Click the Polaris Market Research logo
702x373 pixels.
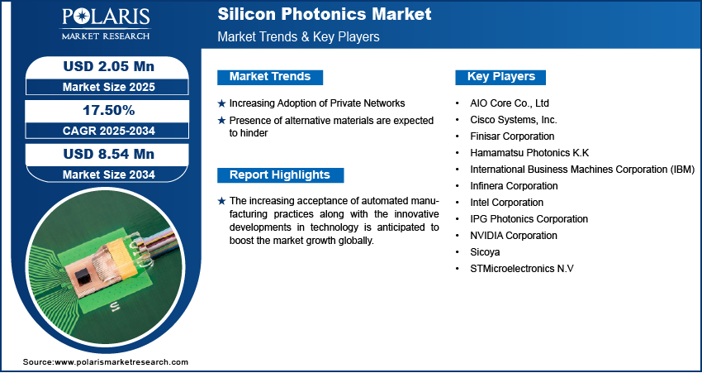coord(106,23)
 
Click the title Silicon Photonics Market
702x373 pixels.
coord(325,14)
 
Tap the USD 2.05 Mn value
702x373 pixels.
coord(109,67)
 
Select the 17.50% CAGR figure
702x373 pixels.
coord(109,110)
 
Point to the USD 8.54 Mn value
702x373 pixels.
coord(109,154)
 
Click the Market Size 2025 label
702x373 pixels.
coord(109,87)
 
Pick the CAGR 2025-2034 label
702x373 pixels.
coord(109,131)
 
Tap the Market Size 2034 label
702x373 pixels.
coord(109,175)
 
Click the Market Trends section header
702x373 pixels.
coord(270,77)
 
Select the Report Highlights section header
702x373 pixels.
coord(280,175)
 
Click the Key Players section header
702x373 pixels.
coord(501,77)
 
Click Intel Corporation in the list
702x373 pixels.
coord(507,202)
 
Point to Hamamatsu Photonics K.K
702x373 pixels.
coord(529,153)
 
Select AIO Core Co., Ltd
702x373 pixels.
coord(510,103)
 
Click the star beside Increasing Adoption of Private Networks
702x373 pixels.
coord(221,103)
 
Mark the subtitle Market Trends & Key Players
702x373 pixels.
coord(299,36)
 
